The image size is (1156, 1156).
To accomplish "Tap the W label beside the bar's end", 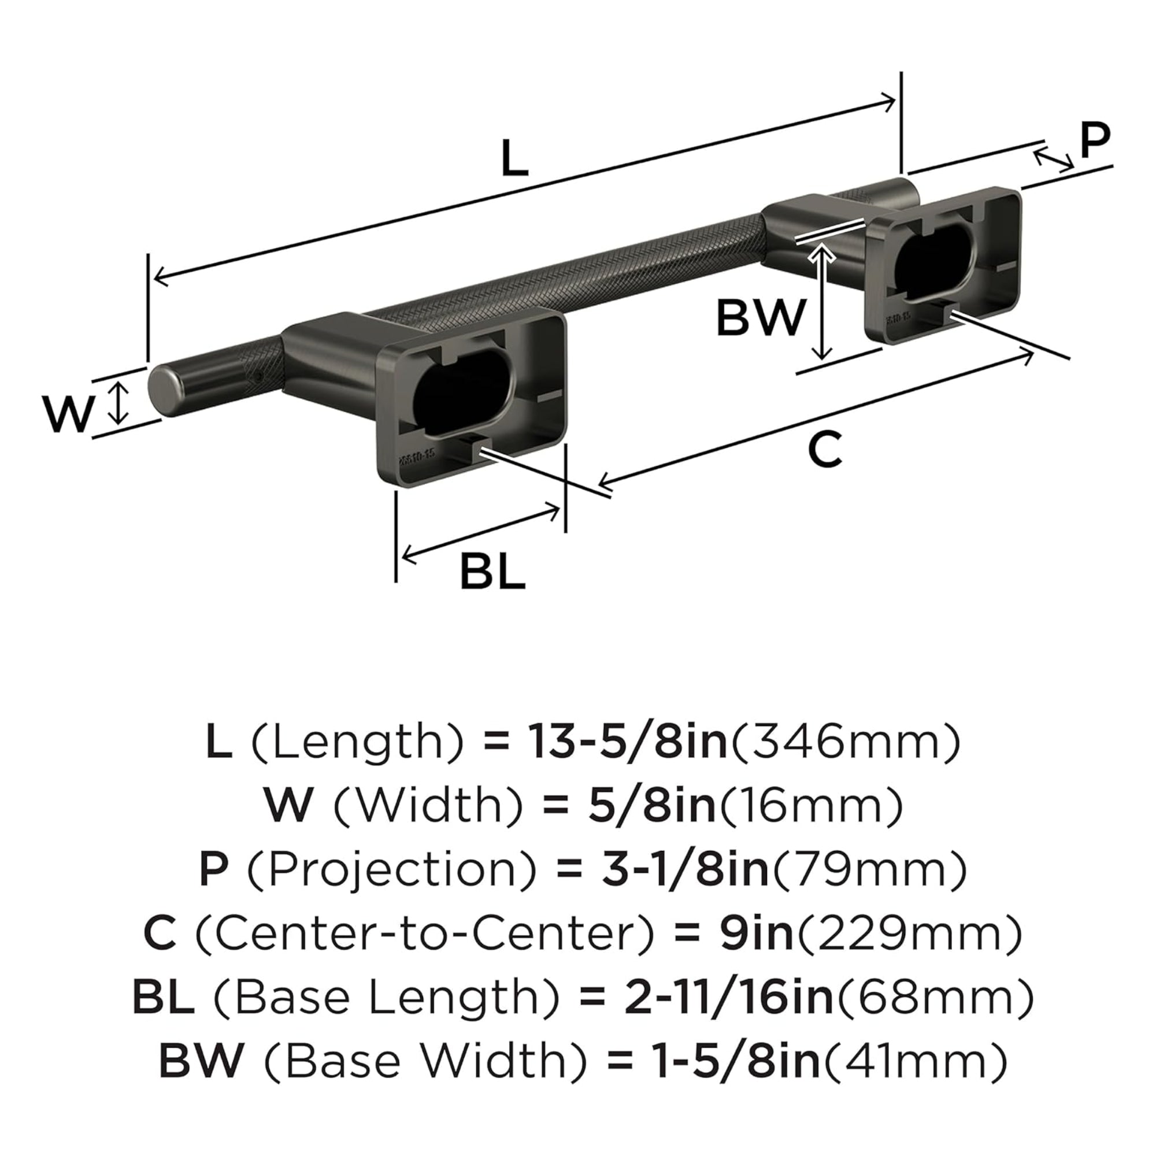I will pos(69,414).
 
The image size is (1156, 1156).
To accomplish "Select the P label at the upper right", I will pos(1095,140).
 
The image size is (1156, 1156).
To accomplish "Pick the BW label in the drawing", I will pos(761,318).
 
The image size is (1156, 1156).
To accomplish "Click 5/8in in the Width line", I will pos(652,805).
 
